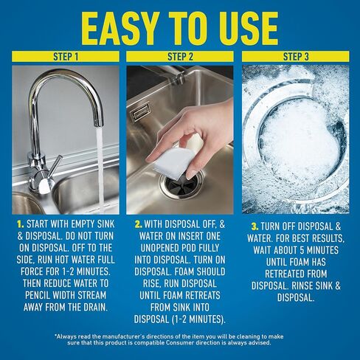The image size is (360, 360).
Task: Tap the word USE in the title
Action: click(240, 28)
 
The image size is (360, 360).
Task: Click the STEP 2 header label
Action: click(179, 56)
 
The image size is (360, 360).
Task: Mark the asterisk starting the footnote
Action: click(56, 336)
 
